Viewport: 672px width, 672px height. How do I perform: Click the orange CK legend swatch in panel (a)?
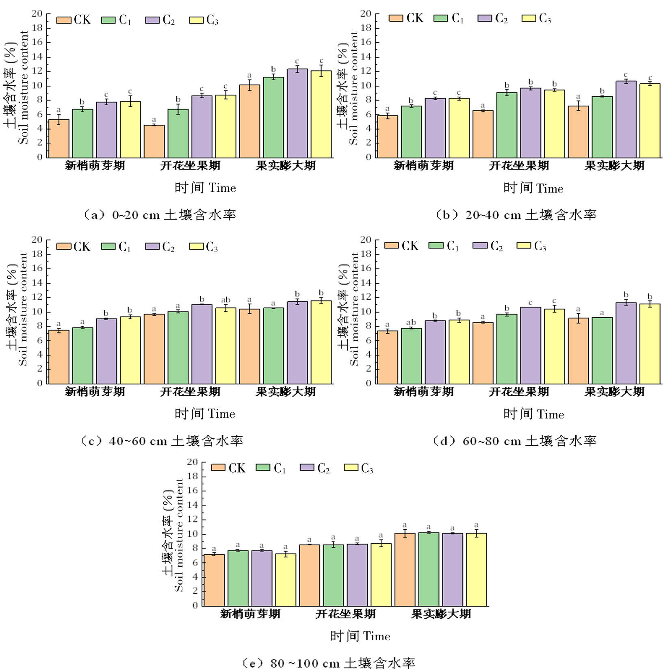click(x=64, y=20)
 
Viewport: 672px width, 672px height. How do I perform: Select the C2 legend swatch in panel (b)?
click(x=485, y=18)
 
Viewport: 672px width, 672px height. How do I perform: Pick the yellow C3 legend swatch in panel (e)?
click(x=351, y=468)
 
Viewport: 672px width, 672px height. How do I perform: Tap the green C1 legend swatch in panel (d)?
click(x=436, y=245)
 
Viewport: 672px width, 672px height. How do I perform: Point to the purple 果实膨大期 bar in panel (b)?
click(x=626, y=119)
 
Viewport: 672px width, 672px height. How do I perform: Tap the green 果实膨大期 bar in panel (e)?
click(x=429, y=569)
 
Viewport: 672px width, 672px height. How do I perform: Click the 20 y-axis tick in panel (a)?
click(x=37, y=14)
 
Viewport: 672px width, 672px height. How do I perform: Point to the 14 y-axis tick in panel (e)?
click(x=193, y=505)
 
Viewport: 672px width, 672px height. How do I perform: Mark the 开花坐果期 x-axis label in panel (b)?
click(x=519, y=166)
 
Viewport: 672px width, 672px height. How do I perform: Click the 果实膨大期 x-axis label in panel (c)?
click(x=286, y=392)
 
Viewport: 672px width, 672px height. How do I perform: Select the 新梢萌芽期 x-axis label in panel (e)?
click(x=250, y=614)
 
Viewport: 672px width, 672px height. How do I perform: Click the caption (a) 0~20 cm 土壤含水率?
click(x=159, y=215)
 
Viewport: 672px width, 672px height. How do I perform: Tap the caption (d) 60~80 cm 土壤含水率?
click(x=514, y=441)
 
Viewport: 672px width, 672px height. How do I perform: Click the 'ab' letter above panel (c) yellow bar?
click(x=225, y=300)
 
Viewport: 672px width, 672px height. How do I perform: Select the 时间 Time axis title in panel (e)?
click(x=360, y=636)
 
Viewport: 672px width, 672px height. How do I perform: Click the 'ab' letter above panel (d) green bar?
click(x=411, y=323)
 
